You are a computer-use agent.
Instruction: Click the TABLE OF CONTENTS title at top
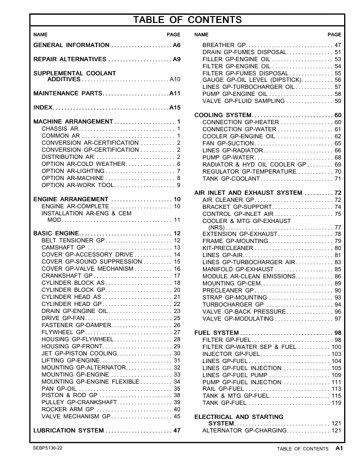coord(188,21)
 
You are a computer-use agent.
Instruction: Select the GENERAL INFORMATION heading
coord(71,45)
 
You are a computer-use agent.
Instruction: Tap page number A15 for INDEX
coord(175,108)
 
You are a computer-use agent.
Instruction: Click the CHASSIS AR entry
coord(60,128)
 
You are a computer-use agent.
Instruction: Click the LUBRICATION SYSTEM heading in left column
coord(68,431)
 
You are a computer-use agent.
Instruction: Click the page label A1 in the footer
coord(339,448)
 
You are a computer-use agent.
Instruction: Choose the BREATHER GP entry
coord(224,45)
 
